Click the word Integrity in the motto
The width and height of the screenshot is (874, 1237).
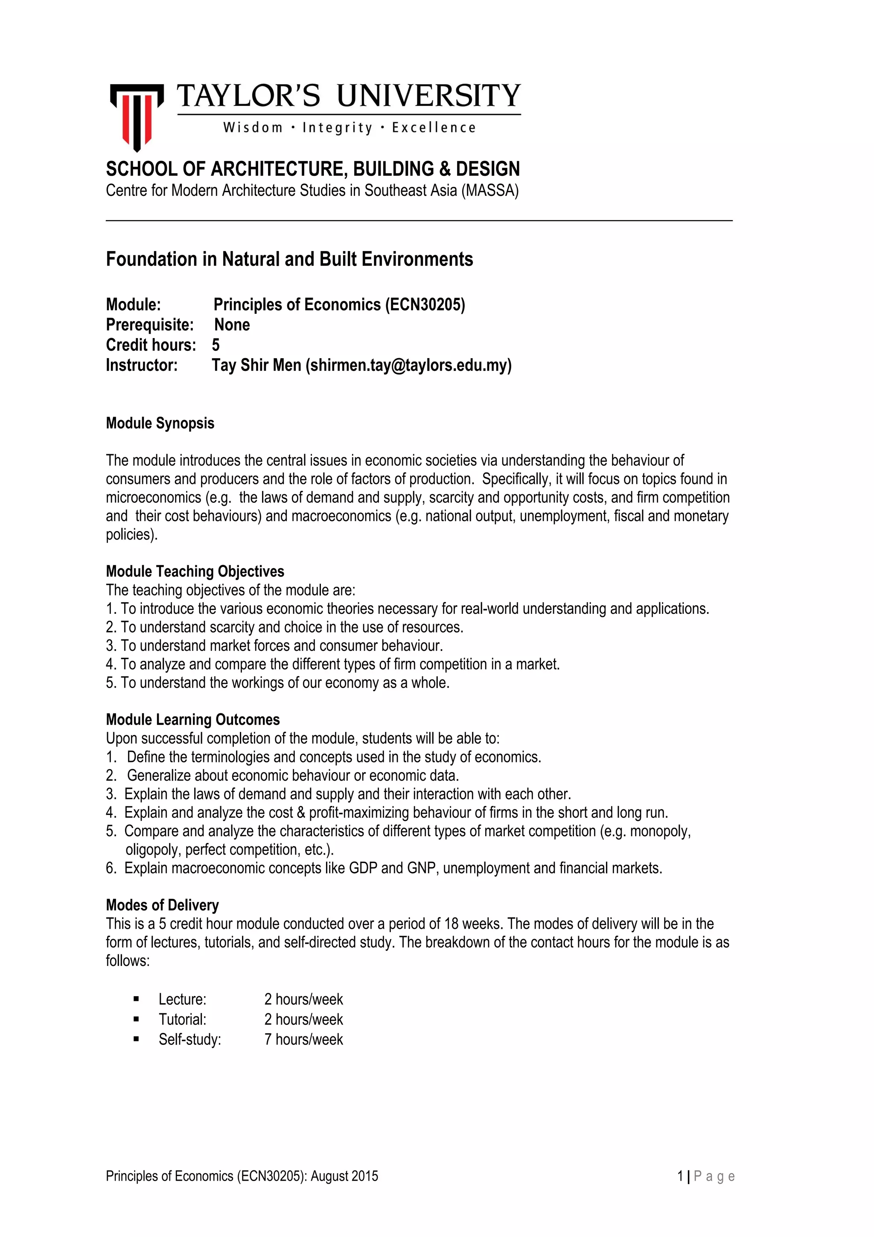[x=337, y=128]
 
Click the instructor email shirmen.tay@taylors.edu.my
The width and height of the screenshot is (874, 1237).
[x=409, y=365]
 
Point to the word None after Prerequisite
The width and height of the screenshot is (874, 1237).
[x=232, y=325]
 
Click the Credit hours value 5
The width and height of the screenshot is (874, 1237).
[x=216, y=345]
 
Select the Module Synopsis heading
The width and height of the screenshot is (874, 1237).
[x=160, y=423]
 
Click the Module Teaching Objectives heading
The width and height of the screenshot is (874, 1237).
[x=195, y=571]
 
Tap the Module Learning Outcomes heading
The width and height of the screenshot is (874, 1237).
[x=193, y=719]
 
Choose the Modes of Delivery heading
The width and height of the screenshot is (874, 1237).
[x=162, y=904]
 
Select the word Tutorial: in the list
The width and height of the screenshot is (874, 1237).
[x=182, y=1019]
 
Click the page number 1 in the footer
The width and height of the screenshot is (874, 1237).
[x=680, y=1176]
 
